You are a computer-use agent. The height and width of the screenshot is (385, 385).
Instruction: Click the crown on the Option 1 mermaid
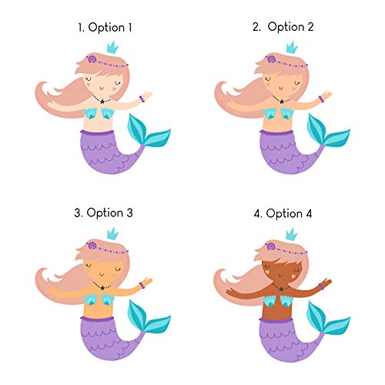point(112,48)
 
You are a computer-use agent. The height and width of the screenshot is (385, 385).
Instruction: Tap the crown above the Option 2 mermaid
point(292,48)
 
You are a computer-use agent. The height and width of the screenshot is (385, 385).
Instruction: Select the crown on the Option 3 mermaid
point(112,233)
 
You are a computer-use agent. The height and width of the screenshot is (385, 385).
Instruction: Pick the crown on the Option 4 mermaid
point(292,234)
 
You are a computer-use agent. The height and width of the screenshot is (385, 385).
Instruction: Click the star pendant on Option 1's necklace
point(102,102)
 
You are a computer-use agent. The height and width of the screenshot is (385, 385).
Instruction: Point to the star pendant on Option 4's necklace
point(282,289)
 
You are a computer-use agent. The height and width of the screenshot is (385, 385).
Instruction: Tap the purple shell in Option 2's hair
point(270,59)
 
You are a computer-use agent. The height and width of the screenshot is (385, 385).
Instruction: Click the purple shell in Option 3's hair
point(92,246)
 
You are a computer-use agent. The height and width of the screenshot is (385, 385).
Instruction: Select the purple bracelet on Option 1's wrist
point(142,99)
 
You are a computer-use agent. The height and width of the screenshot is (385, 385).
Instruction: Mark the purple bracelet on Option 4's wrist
point(321,286)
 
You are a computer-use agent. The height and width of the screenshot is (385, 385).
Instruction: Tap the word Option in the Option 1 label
point(106,28)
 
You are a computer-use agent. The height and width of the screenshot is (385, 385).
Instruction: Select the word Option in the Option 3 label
point(105,213)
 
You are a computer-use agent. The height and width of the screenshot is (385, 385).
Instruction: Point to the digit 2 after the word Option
point(310,27)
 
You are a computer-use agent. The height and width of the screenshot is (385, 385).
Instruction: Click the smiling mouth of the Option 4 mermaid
point(281,276)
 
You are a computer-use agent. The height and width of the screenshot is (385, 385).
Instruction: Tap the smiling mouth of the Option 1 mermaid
point(102,89)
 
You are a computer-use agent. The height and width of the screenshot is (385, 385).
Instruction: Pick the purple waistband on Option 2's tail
point(276,132)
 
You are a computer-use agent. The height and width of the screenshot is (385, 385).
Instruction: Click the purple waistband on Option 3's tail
point(97,319)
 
